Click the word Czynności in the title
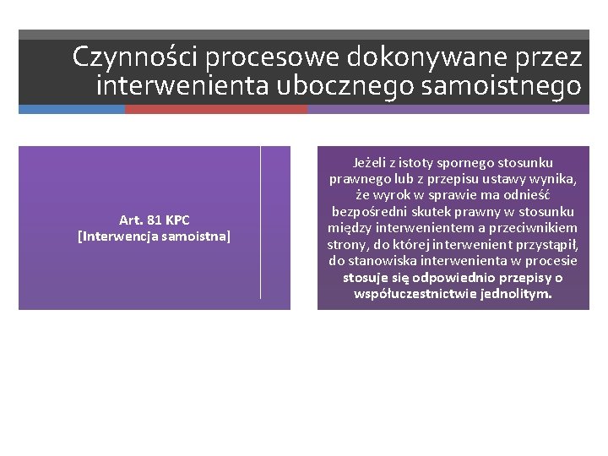[x=135, y=57]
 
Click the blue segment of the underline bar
[x=72, y=109]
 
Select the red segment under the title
[x=216, y=109]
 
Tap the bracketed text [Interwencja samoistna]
[x=154, y=236]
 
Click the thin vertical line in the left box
[x=260, y=221]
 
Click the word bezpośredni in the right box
[x=366, y=211]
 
